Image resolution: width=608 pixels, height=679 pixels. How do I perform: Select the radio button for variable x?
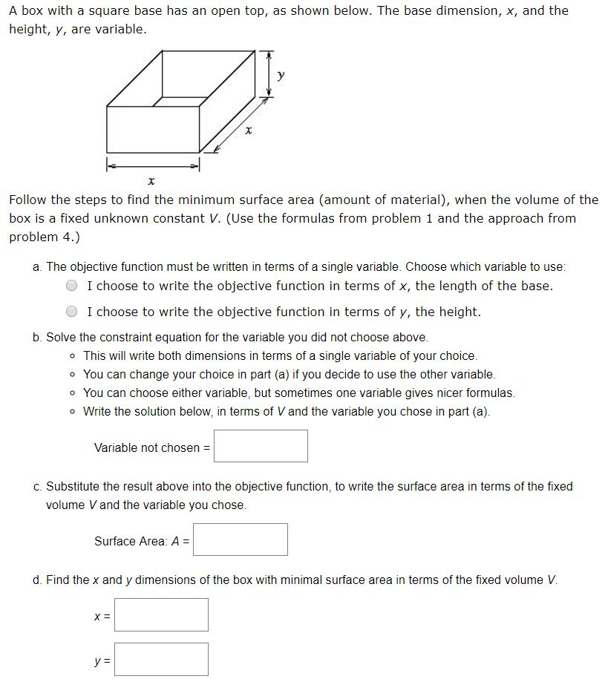click(x=72, y=286)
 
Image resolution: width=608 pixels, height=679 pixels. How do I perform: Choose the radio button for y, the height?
click(x=72, y=312)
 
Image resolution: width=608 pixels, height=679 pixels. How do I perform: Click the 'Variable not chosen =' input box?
click(x=261, y=446)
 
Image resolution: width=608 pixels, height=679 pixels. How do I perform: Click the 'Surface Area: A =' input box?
click(x=241, y=539)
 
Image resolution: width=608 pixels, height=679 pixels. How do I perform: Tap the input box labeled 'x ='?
click(x=161, y=614)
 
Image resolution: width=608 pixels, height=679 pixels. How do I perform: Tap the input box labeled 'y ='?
click(x=161, y=659)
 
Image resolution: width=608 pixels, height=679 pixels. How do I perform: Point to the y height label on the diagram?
click(x=281, y=75)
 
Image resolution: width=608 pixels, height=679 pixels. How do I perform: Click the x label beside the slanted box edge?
click(x=249, y=131)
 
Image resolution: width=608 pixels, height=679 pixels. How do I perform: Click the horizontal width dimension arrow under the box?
click(x=153, y=165)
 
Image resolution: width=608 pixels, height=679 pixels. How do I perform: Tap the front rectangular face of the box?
click(x=153, y=129)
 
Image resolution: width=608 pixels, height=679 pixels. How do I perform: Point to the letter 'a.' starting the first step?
click(x=38, y=266)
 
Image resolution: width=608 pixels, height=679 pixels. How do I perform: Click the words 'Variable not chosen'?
click(x=147, y=447)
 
